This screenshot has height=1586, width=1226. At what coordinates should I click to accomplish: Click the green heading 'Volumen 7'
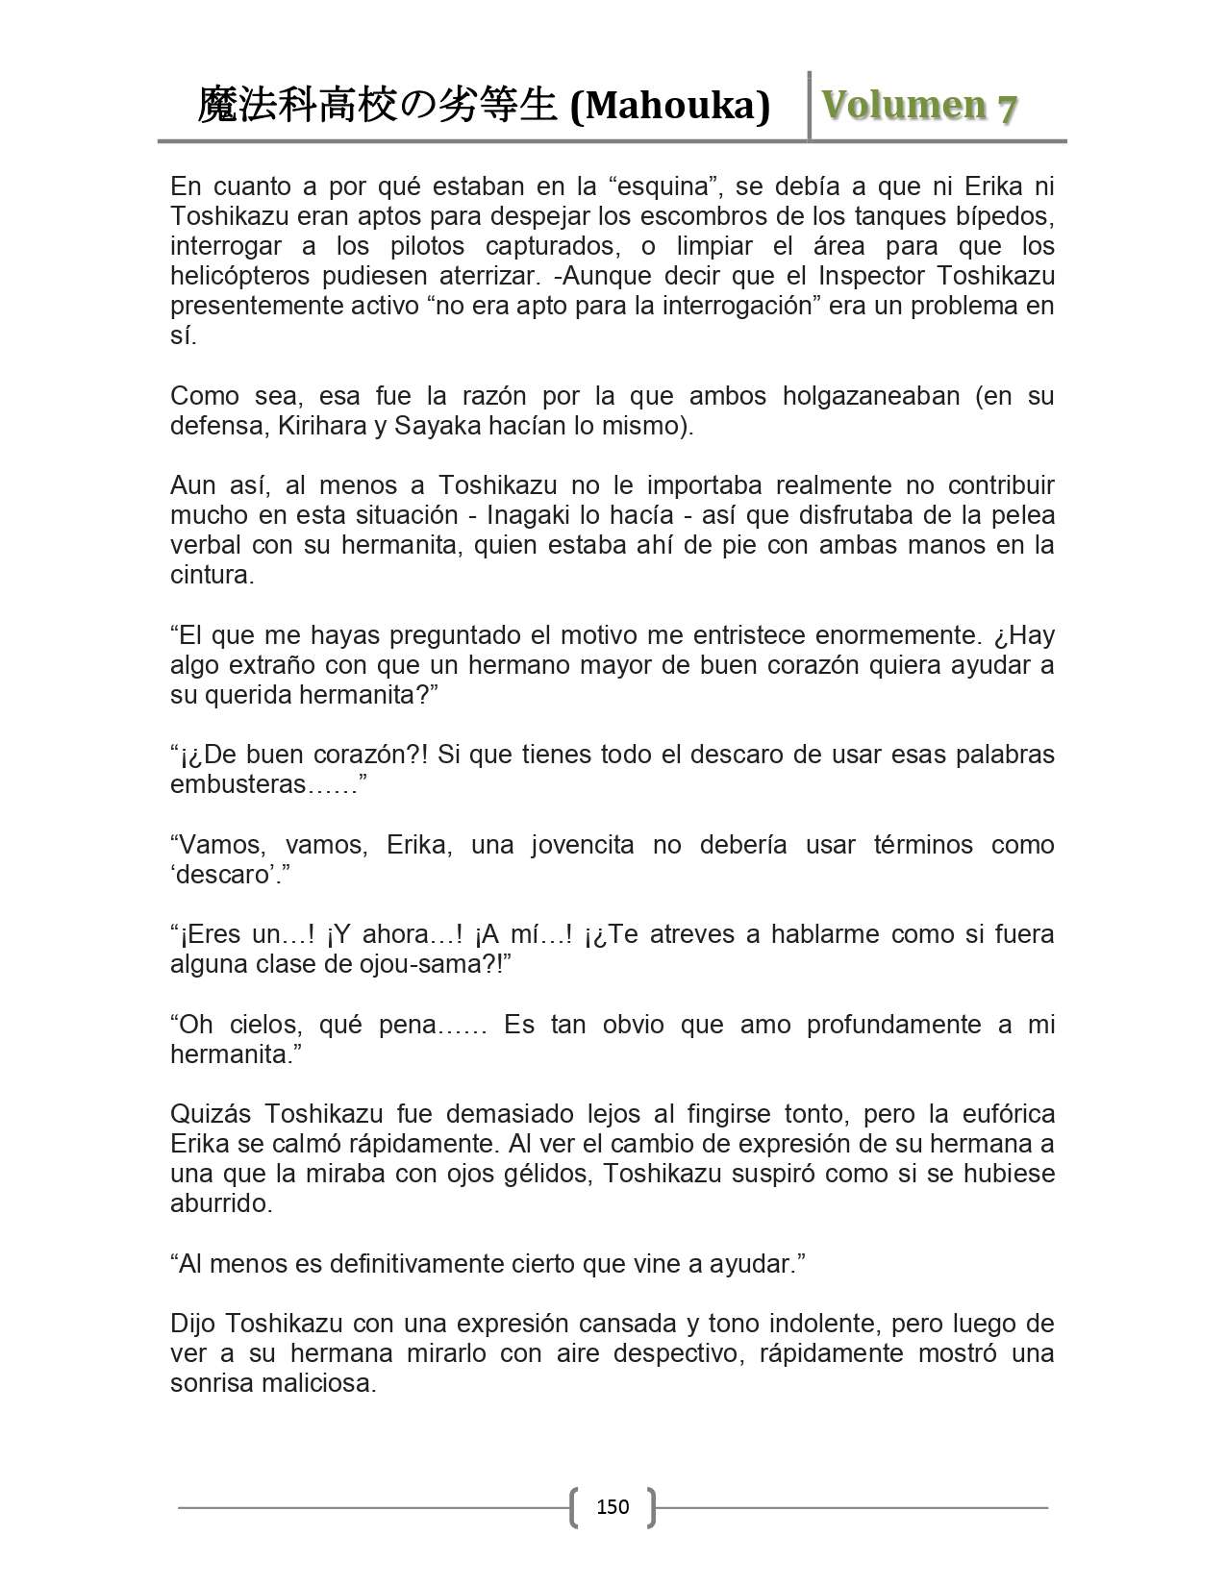tap(919, 107)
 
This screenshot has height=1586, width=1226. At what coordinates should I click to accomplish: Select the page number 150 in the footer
tap(613, 1506)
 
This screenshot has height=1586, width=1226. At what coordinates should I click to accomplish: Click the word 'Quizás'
tap(210, 1114)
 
